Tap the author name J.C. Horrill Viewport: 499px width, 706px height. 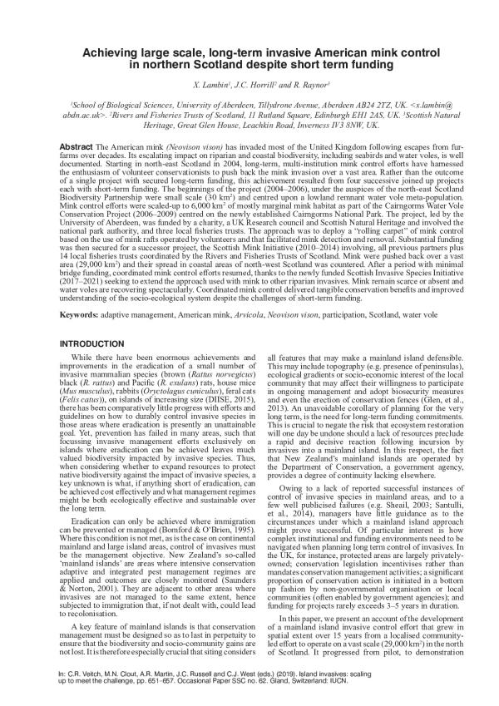pos(249,86)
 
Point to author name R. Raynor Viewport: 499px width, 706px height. pos(301,86)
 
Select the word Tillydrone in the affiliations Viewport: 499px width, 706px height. pos(274,106)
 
